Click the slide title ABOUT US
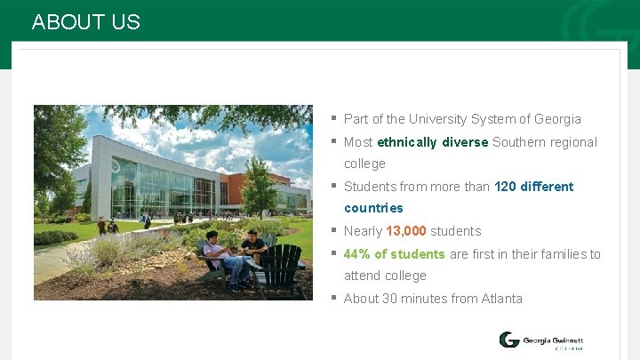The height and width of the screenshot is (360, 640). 85,22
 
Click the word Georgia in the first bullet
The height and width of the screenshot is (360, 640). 558,119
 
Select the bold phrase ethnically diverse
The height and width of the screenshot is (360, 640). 432,142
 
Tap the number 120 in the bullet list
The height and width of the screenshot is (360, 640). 505,187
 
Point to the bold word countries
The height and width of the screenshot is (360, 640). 373,208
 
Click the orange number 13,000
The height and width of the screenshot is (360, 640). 406,231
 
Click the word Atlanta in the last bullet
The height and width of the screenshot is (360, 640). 502,299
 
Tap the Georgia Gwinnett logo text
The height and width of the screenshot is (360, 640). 552,340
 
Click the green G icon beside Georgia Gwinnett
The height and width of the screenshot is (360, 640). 508,340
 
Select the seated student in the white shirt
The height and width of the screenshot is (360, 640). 216,252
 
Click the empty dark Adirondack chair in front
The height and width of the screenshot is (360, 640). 281,271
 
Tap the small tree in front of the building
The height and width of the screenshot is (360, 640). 259,185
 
